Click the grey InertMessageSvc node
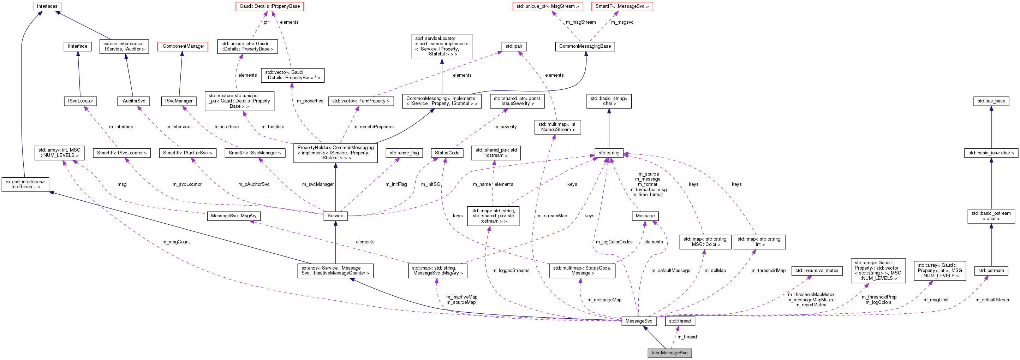[669, 353]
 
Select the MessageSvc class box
[639, 321]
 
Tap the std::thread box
[680, 321]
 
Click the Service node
[335, 216]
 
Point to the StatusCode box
[447, 153]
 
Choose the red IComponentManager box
[183, 46]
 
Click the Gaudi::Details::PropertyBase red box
[270, 6]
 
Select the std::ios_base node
[991, 101]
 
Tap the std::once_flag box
[404, 153]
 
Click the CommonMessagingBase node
[585, 46]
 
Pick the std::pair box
[514, 46]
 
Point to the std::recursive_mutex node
[817, 271]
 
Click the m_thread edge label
[687, 337]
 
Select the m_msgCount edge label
[176, 242]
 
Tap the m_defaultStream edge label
[993, 300]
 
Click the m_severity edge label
[505, 127]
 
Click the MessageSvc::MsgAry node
[234, 216]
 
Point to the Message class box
[645, 216]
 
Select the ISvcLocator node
[80, 101]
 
